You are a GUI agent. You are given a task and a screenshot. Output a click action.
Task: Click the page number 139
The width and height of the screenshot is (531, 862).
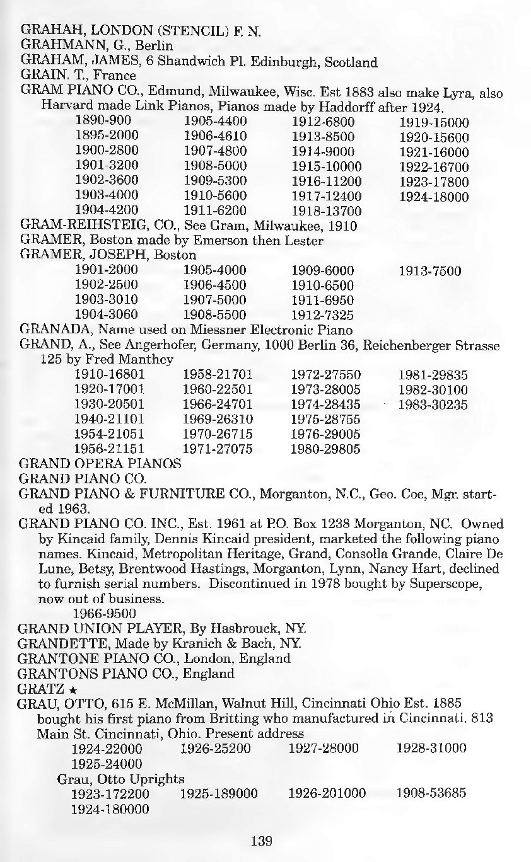(x=261, y=840)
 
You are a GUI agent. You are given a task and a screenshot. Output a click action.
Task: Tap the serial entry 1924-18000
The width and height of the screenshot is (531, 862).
(x=434, y=197)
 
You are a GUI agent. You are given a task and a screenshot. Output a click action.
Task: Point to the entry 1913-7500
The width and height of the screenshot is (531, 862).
(x=430, y=272)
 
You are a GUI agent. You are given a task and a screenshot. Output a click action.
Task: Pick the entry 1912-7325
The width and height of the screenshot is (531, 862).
(x=323, y=314)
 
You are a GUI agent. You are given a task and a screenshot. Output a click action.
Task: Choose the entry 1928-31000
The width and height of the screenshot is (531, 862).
(x=431, y=749)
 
